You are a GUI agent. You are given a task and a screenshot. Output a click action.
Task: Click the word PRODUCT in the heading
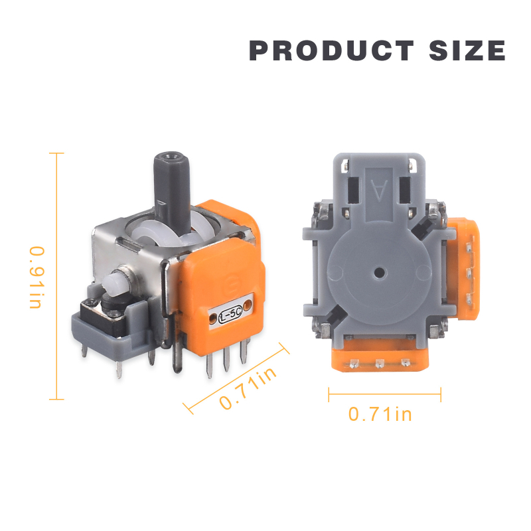(331, 50)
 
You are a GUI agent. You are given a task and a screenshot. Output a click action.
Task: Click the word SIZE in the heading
(467, 50)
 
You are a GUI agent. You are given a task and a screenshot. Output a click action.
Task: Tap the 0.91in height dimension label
(37, 277)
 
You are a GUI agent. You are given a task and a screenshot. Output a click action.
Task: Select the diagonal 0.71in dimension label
(248, 388)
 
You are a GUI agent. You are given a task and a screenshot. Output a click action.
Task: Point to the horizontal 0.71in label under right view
(380, 414)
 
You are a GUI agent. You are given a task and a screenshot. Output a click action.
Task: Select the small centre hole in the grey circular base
(380, 271)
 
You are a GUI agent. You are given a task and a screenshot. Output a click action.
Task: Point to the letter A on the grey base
(379, 190)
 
